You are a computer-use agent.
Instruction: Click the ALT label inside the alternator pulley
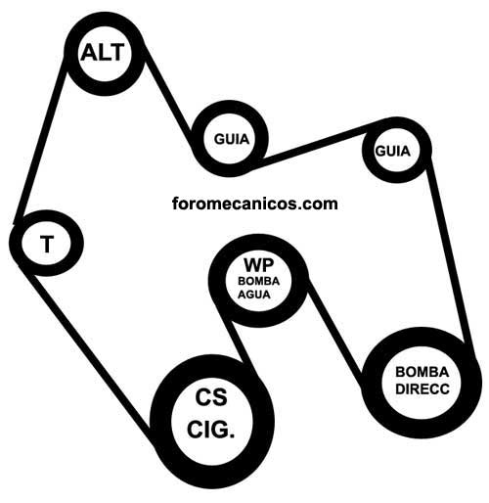pyautogui.click(x=103, y=53)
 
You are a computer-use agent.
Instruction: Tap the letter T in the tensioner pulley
pyautogui.click(x=47, y=244)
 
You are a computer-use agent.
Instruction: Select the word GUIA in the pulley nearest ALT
pyautogui.click(x=232, y=139)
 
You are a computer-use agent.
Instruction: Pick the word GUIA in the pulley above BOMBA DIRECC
pyautogui.click(x=392, y=152)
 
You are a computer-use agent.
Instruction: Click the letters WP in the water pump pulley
pyautogui.click(x=259, y=265)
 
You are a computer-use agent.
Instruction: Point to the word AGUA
pyautogui.click(x=254, y=295)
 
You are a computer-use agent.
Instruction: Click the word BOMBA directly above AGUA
pyautogui.click(x=258, y=281)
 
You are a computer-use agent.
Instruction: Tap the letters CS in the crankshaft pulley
pyautogui.click(x=211, y=397)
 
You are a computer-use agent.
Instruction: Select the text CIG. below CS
pyautogui.click(x=211, y=430)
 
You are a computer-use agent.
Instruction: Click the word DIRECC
pyautogui.click(x=422, y=389)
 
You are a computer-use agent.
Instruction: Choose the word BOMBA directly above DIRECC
pyautogui.click(x=422, y=372)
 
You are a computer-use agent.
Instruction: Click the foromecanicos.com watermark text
pyautogui.click(x=255, y=204)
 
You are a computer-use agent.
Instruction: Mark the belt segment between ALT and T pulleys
pyautogui.click(x=40, y=141)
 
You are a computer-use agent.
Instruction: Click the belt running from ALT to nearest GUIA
pyautogui.click(x=166, y=95)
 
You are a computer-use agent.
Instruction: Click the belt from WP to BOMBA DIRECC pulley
pyautogui.click(x=335, y=333)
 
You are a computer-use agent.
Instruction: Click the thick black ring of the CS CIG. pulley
pyautogui.click(x=161, y=422)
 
